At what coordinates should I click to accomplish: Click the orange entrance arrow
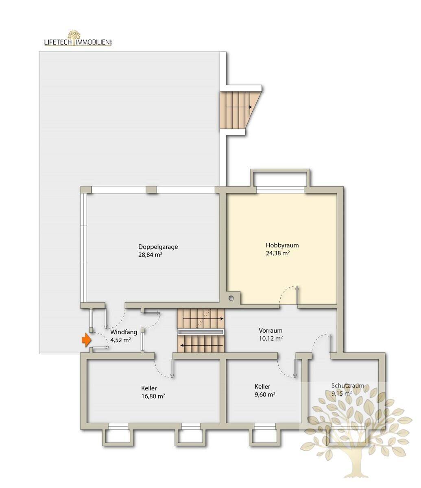(86, 340)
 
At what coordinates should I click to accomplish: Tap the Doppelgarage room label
(158, 247)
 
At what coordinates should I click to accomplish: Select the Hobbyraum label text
(282, 245)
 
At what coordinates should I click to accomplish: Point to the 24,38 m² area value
(278, 253)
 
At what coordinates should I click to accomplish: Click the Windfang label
(124, 332)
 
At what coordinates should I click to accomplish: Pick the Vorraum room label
(270, 330)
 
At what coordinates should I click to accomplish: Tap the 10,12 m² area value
(271, 338)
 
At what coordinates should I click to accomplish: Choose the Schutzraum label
(348, 386)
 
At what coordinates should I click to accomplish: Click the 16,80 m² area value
(153, 396)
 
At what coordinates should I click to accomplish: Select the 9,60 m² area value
(265, 394)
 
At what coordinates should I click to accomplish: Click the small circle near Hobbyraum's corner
(231, 298)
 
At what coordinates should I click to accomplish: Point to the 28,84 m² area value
(150, 255)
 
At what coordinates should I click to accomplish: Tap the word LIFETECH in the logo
(58, 42)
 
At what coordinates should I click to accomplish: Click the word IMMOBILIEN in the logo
(93, 42)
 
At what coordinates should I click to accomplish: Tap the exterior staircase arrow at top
(239, 107)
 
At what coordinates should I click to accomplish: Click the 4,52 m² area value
(120, 340)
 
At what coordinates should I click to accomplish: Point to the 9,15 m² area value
(342, 394)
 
